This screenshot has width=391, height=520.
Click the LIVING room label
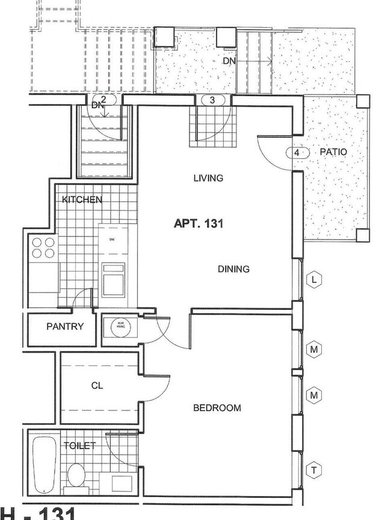(208, 178)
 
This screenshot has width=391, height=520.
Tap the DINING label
(233, 269)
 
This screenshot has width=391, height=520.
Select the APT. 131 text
(199, 224)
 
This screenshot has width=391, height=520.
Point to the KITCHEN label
(82, 199)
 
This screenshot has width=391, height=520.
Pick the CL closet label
(97, 386)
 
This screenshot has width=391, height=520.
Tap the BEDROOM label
(217, 408)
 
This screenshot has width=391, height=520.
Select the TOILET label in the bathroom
(79, 445)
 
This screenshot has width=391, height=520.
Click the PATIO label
(333, 152)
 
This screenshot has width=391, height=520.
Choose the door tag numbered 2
(103, 99)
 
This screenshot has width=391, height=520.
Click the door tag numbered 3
(212, 100)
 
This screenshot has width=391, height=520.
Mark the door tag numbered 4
(297, 153)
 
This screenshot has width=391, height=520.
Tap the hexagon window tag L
(314, 279)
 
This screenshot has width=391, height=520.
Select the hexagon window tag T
(314, 469)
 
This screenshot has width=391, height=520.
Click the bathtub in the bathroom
(43, 463)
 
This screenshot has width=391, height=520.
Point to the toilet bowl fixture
(76, 475)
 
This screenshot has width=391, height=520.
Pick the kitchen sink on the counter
(113, 280)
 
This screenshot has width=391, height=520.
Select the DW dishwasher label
(112, 240)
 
